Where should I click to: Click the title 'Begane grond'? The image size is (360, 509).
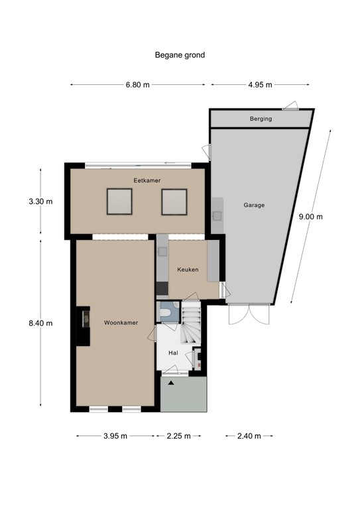(180, 55)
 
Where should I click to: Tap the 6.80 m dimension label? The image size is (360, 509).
(138, 85)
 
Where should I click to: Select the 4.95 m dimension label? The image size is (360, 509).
(260, 85)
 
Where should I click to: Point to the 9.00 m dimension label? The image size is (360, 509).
(311, 217)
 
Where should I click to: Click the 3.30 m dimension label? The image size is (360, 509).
(40, 201)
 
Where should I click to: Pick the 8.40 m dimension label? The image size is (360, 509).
(40, 323)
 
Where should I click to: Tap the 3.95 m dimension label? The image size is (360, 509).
(115, 436)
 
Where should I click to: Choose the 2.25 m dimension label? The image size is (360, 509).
(178, 436)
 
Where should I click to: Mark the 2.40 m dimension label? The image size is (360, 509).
(249, 436)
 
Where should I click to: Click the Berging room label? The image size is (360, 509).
(261, 119)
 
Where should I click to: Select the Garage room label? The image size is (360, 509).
(254, 205)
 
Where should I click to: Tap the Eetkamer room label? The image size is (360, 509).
(147, 180)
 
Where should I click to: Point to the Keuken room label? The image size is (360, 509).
(188, 270)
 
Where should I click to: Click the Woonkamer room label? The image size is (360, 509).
(121, 323)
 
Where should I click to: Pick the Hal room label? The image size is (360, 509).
(173, 353)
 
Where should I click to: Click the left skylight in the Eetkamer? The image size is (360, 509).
(119, 201)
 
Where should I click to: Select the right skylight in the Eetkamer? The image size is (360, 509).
(174, 201)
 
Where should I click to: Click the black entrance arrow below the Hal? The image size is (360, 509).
(171, 383)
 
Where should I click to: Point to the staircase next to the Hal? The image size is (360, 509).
(191, 322)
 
